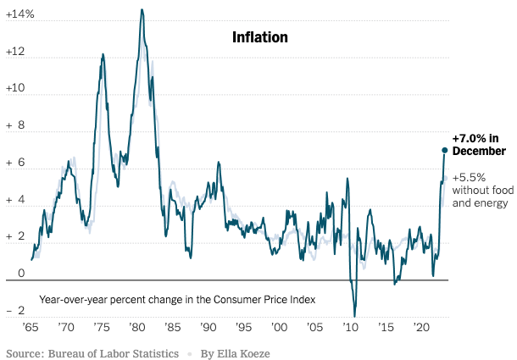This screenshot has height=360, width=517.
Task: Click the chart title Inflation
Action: point(260,37)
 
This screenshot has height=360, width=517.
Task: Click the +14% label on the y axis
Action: point(19,15)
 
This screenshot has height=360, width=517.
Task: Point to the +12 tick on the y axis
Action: point(17,53)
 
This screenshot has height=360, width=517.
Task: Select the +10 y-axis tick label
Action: point(17,89)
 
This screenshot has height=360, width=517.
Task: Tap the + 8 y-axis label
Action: point(17,126)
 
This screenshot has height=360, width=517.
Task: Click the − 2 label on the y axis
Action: point(17,311)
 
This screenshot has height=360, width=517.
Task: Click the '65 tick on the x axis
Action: point(31,327)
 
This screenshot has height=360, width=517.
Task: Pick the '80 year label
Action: point(137,327)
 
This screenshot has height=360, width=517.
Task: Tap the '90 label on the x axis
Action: point(208,327)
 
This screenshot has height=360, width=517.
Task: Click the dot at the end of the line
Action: point(444,151)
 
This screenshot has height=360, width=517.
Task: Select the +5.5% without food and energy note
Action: point(480,191)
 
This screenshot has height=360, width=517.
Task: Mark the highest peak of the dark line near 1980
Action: point(142,9)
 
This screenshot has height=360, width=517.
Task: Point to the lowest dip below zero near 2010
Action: point(355,316)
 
